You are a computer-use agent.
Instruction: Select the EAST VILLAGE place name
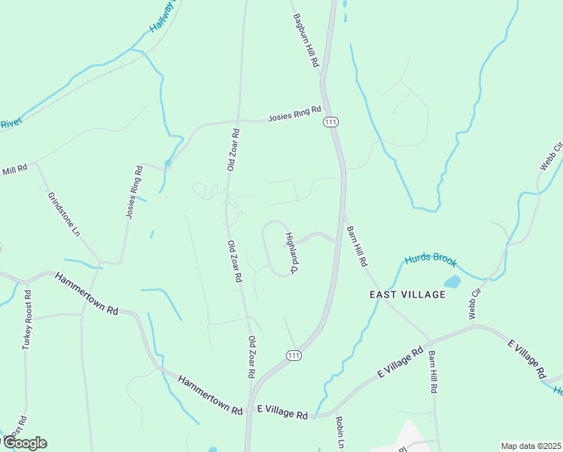(408, 295)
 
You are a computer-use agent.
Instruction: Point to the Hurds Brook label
(431, 260)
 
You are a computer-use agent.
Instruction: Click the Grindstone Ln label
(63, 214)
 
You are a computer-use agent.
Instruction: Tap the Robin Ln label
(340, 432)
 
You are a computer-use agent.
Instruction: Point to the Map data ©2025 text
(531, 446)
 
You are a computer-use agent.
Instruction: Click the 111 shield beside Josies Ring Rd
(330, 121)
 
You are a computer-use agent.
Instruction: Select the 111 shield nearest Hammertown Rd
(294, 356)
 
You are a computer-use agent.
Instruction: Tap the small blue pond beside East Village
(452, 282)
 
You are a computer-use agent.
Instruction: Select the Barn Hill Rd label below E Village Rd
(433, 372)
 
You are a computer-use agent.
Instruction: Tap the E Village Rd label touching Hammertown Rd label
(282, 414)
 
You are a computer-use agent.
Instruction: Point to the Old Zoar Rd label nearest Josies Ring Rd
(233, 149)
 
